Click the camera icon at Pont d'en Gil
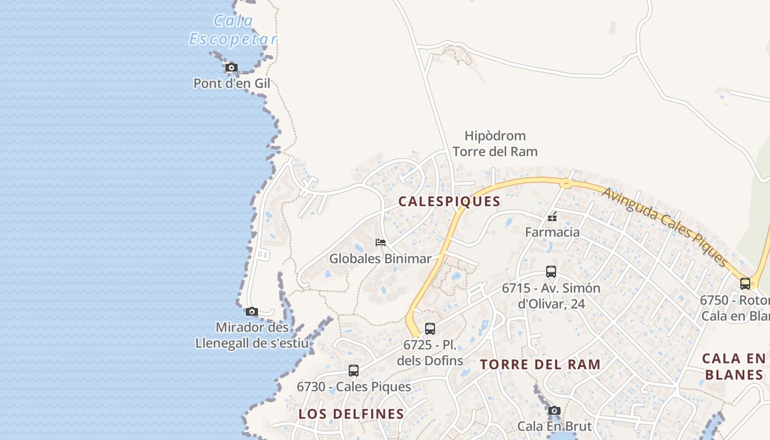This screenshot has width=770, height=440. pyautogui.click(x=232, y=68)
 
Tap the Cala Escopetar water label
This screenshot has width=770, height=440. pyautogui.click(x=233, y=30)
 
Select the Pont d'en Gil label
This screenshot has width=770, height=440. pyautogui.click(x=232, y=84)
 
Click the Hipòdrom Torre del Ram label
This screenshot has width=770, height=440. pyautogui.click(x=495, y=144)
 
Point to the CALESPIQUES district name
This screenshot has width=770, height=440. pyautogui.click(x=449, y=202)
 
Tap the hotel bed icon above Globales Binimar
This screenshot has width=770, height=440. pyautogui.click(x=380, y=242)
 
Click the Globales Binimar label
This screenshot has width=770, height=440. pyautogui.click(x=380, y=258)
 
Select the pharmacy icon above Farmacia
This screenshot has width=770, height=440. pyautogui.click(x=552, y=217)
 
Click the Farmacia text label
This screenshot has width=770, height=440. pyautogui.click(x=552, y=232)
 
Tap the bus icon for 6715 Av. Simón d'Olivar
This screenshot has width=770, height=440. pyautogui.click(x=551, y=272)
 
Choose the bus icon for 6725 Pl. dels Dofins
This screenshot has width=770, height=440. pyautogui.click(x=430, y=329)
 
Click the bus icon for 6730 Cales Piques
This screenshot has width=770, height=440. pyautogui.click(x=354, y=371)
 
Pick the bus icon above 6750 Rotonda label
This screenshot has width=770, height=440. pyautogui.click(x=745, y=284)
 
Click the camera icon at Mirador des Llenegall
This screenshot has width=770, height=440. pyautogui.click(x=252, y=312)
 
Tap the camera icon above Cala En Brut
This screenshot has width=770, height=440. pyautogui.click(x=554, y=411)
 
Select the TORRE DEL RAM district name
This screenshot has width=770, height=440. pyautogui.click(x=540, y=365)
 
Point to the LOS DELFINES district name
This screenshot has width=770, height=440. pyautogui.click(x=351, y=414)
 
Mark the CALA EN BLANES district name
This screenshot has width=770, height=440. pyautogui.click(x=734, y=367)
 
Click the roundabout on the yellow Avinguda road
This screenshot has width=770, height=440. pyautogui.click(x=565, y=183)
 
